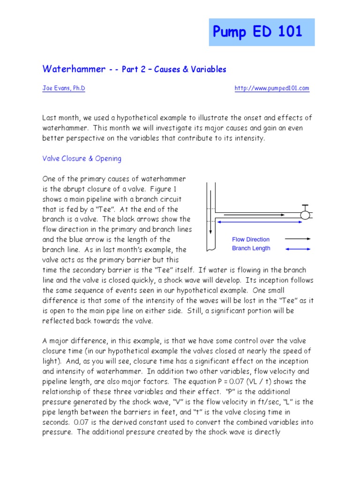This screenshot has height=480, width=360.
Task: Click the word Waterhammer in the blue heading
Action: [74, 69]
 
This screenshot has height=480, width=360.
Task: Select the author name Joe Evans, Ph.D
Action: [64, 88]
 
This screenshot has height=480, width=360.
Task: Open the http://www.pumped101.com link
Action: [272, 88]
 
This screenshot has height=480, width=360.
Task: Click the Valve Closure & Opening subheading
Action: [82, 158]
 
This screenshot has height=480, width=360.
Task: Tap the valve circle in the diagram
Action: [305, 215]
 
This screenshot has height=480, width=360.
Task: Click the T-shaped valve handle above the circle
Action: [305, 207]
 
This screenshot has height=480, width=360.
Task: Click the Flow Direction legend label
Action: [251, 239]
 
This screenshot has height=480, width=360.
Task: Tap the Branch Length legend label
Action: [251, 248]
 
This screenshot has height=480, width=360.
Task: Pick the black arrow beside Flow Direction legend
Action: [298, 239]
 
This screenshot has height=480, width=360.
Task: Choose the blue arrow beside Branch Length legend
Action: [298, 249]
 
